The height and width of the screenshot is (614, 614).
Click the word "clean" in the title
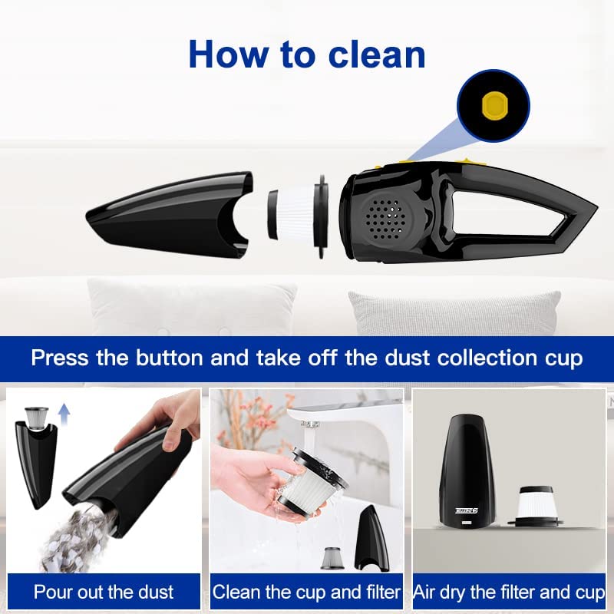coord(377,54)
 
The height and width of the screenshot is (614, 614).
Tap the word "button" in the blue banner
coord(169,358)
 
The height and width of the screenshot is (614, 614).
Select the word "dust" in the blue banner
coord(407,358)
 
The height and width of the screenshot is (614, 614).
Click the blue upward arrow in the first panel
coord(64,415)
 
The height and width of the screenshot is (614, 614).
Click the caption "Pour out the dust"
coord(104,592)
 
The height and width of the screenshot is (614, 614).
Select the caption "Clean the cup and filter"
coord(306,592)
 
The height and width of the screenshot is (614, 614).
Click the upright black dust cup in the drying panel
coord(467,470)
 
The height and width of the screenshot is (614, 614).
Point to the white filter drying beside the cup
coord(535,505)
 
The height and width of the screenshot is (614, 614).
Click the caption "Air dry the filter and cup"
coord(509,593)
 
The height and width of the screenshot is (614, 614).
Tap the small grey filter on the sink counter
coord(333,558)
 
